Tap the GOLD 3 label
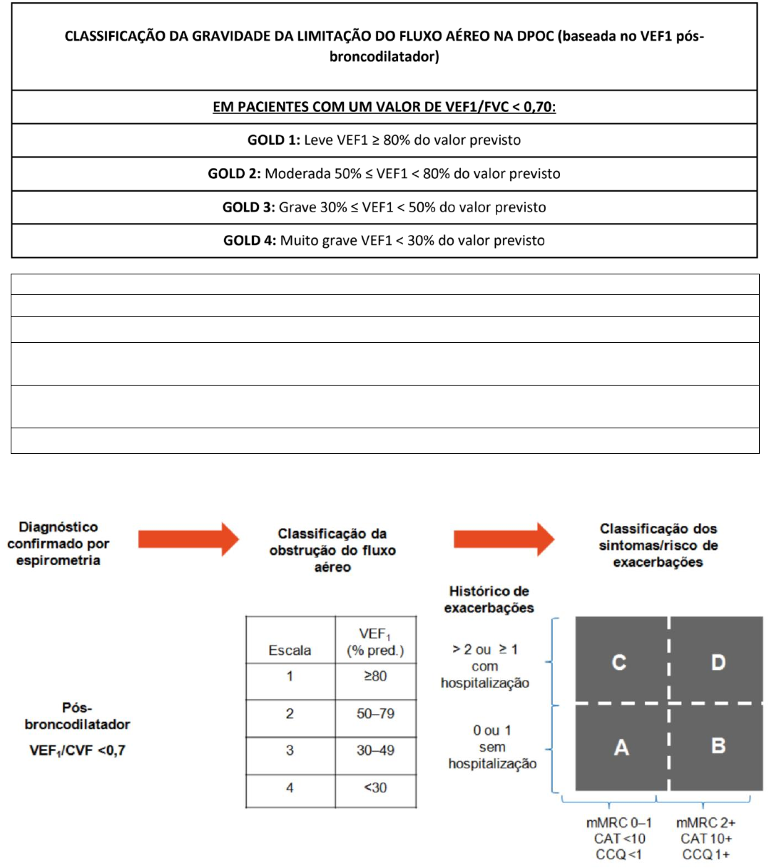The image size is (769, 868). (249, 207)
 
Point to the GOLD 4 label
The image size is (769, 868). (250, 241)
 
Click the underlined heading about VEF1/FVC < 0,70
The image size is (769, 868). (384, 107)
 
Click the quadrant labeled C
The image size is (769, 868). (619, 662)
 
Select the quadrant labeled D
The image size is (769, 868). (717, 662)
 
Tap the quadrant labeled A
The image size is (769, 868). (621, 748)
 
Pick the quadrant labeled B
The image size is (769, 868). (718, 746)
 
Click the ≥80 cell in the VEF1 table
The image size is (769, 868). (375, 676)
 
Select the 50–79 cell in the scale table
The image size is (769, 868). (375, 713)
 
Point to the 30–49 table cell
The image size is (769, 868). (375, 750)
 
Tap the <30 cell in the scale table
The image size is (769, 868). (375, 787)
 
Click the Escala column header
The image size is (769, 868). (290, 650)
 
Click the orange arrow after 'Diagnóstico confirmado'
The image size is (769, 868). (188, 539)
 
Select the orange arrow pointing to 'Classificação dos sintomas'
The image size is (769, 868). (504, 539)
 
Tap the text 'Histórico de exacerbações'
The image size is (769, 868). (489, 599)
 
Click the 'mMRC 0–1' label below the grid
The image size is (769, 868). (619, 823)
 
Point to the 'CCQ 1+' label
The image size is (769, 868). (706, 854)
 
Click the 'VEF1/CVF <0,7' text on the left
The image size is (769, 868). (77, 750)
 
